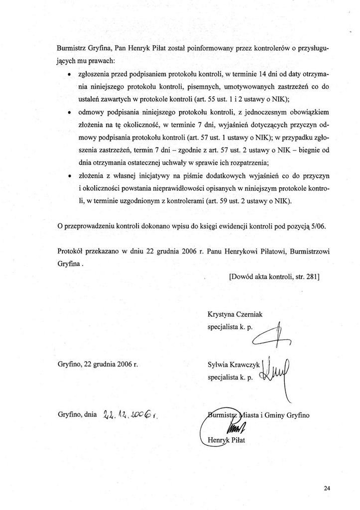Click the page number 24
[x=327, y=488]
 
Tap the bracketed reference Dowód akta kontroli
[x=274, y=288]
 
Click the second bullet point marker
[x=68, y=112]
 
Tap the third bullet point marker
[x=68, y=176]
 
